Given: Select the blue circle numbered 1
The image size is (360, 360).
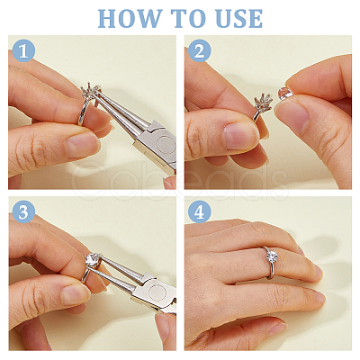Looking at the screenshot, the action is pyautogui.click(x=23, y=50).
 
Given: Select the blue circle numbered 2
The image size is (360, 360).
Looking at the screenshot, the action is pyautogui.click(x=200, y=50).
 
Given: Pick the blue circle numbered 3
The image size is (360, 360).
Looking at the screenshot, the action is pyautogui.click(x=23, y=211).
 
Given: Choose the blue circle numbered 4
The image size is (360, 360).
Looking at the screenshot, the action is pyautogui.click(x=200, y=211).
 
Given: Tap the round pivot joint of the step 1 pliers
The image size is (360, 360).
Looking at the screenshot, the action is pyautogui.click(x=166, y=145).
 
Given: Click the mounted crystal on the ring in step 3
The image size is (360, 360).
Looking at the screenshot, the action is pyautogui.click(x=93, y=260).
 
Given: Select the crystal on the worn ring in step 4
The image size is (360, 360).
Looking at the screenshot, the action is pyautogui.click(x=272, y=256).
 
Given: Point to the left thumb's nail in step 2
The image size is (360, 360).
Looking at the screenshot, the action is pyautogui.click(x=240, y=136).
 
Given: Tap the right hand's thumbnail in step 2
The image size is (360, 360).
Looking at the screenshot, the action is pyautogui.click(x=291, y=118).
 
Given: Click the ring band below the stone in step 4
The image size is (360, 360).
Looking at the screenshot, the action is pyautogui.click(x=272, y=271).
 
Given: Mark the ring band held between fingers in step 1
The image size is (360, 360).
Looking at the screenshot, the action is pyautogui.click(x=83, y=112).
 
